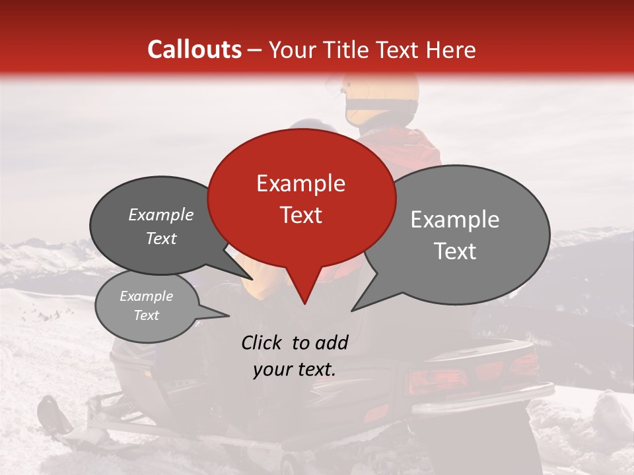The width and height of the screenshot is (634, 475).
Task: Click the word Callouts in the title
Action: [194, 49]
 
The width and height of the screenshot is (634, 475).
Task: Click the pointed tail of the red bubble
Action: [304, 297]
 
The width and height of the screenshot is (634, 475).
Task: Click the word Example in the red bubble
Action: [300, 183]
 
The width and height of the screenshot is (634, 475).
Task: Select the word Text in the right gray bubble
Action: [456, 251]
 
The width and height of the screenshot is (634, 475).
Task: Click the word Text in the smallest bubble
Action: [147, 315]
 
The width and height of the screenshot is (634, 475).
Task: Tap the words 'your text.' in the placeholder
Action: [294, 369]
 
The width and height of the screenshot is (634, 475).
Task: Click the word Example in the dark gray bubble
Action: [161, 215]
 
